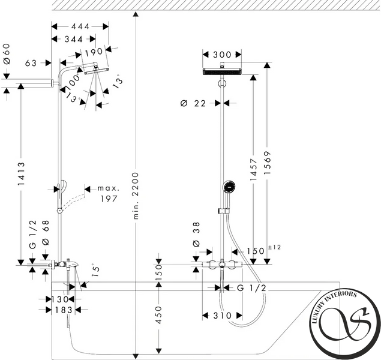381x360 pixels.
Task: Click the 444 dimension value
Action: click(x=80, y=26)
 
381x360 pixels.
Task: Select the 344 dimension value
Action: click(x=74, y=39)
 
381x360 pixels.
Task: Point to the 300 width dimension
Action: click(x=222, y=55)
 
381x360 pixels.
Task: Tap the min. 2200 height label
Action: click(x=136, y=196)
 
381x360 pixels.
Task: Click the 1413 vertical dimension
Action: click(x=21, y=174)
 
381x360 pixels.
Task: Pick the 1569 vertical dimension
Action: click(x=267, y=163)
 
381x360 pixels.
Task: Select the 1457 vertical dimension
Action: click(x=253, y=170)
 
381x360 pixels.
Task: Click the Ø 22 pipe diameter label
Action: click(x=193, y=103)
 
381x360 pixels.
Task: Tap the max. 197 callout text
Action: click(x=109, y=194)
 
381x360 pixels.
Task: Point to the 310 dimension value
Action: click(x=223, y=316)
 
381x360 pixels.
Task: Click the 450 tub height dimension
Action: click(x=158, y=315)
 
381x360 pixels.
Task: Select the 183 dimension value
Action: click(x=64, y=310)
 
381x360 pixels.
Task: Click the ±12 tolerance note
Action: click(x=275, y=247)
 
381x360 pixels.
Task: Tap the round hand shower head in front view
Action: click(x=229, y=187)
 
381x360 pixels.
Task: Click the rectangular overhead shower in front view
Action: click(x=222, y=71)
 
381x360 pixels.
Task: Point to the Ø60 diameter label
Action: click(x=7, y=54)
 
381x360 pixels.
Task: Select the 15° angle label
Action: click(x=95, y=271)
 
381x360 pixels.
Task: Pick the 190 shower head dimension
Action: click(x=94, y=52)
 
